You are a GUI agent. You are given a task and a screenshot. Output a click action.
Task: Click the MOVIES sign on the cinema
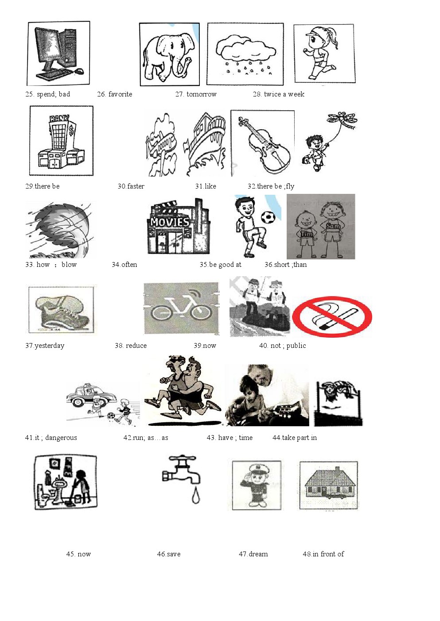(x=170, y=222)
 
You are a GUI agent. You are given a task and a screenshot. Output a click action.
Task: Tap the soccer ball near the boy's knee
(x=268, y=218)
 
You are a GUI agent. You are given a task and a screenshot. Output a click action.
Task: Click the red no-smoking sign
(x=332, y=317)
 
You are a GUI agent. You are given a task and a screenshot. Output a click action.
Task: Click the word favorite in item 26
(x=120, y=94)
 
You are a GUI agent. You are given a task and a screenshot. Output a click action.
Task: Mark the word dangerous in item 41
(x=61, y=437)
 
